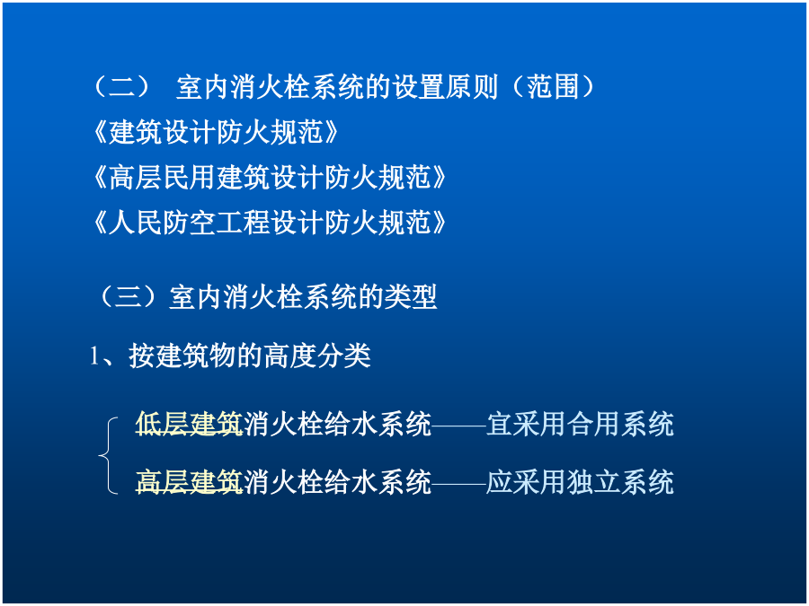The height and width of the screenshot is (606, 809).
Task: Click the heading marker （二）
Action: (121, 86)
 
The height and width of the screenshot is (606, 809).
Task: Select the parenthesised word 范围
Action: (552, 86)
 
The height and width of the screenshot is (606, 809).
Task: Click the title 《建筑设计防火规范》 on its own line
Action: (215, 132)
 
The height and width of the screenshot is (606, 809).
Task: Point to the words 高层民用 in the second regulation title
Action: (162, 177)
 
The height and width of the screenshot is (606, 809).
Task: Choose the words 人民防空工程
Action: (189, 223)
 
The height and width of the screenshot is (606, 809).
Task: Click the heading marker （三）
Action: (128, 297)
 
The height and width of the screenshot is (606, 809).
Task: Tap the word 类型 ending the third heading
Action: (411, 297)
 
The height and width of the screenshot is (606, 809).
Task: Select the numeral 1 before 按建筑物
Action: (94, 356)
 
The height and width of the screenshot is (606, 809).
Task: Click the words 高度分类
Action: (316, 356)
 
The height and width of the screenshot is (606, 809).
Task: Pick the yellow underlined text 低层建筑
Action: (189, 424)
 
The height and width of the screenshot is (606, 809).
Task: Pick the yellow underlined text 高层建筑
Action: (189, 482)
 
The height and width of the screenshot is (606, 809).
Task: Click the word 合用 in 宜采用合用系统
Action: (593, 424)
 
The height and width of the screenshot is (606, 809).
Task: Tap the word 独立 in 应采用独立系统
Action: (593, 482)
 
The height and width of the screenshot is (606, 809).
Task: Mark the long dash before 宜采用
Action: (458, 426)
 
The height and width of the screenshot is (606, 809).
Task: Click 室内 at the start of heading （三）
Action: (196, 297)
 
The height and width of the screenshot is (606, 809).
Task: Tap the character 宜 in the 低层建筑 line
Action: (500, 424)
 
